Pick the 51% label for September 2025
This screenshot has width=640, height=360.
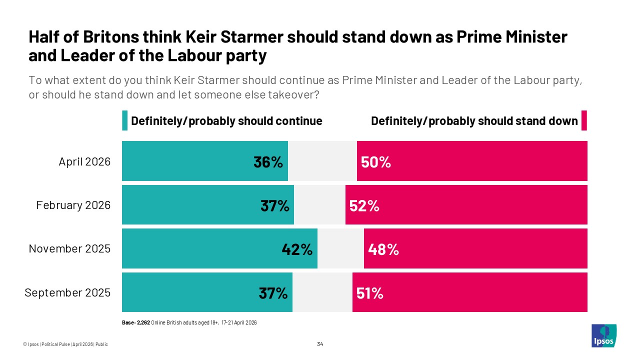370,293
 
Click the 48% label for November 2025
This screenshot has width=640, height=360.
383,249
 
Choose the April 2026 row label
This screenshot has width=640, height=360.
84,161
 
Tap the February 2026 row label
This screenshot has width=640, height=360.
73,205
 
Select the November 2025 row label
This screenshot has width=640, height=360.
69,248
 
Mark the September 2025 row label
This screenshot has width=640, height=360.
67,292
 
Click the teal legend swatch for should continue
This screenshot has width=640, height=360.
125,121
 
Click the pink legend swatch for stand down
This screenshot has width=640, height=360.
584,121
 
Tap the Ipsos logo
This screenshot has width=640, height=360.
603,335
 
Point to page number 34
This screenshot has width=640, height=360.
320,344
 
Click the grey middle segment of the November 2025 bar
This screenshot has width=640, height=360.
340,249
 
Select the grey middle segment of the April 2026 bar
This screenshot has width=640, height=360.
322,161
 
